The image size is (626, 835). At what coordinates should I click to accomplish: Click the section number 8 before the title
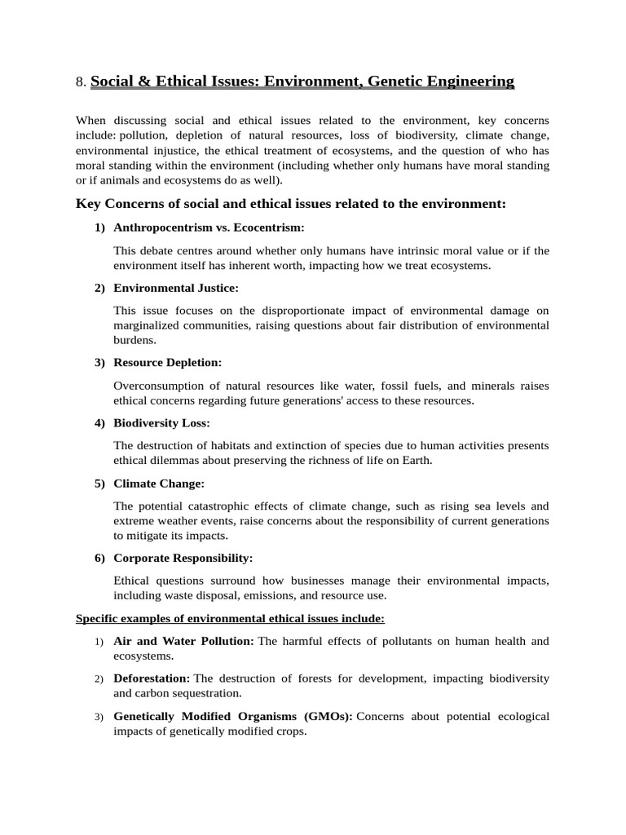[79, 82]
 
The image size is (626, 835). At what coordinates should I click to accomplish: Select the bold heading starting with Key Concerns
[291, 203]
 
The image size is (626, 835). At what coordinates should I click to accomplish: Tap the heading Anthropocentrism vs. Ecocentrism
[209, 228]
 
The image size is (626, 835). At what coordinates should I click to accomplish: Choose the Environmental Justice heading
[176, 288]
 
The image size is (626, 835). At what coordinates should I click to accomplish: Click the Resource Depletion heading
[167, 362]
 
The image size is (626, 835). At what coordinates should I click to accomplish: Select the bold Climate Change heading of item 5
[159, 483]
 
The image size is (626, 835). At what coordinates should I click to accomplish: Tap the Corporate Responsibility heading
[183, 558]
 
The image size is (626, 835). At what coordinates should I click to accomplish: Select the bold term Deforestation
[152, 678]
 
